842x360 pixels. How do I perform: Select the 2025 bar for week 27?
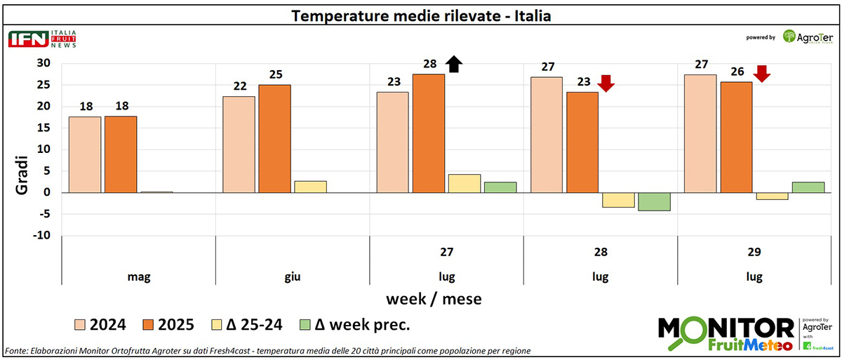pos(428,133)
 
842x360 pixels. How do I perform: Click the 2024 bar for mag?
pos(85,154)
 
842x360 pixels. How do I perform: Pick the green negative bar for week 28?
pos(653,201)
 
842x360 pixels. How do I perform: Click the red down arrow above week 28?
pos(606,83)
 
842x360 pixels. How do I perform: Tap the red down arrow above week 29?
pos(762,73)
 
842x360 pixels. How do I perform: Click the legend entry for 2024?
pos(100,324)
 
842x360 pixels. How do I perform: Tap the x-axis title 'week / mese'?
pos(434,299)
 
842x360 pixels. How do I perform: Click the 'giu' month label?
pos(293,276)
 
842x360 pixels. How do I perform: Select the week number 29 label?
pos(754,252)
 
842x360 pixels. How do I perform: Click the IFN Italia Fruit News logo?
pos(42,39)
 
